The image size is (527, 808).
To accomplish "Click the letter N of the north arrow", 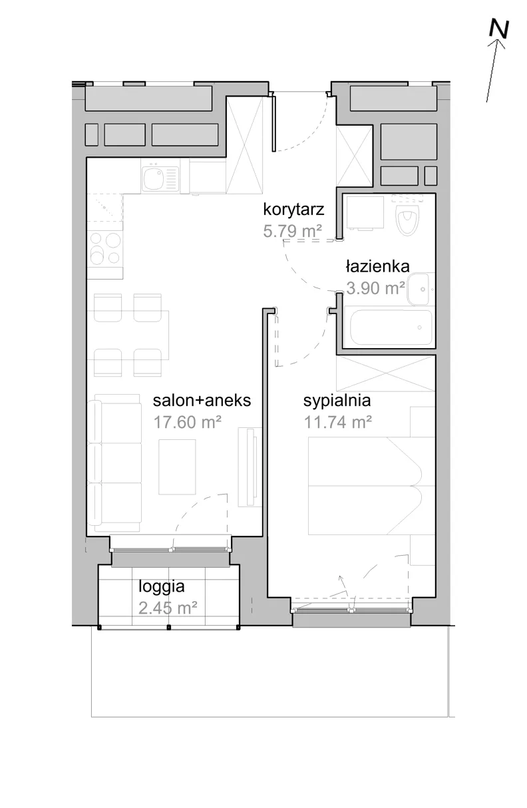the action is [499, 29].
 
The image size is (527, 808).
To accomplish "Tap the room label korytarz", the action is [293, 210].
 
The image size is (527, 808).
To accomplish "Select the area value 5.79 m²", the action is [292, 231].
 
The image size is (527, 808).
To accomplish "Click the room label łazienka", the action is [377, 267].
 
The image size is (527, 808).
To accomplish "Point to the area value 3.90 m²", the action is [375, 288].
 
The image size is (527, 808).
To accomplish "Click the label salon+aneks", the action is [202, 401].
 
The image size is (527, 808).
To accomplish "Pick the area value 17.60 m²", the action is [188, 422].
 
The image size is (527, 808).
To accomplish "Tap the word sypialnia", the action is [337, 401].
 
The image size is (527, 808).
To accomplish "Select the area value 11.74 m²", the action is [338, 422].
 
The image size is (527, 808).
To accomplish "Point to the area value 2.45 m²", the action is [168, 608].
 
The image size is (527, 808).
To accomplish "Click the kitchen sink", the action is [160, 178].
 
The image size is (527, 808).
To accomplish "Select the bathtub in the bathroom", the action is [387, 327].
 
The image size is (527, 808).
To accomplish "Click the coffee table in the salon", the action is [177, 467].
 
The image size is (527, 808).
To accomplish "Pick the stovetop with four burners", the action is [105, 248].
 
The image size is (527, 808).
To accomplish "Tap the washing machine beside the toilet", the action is [365, 212].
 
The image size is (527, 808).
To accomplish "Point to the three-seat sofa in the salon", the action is [115, 463].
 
